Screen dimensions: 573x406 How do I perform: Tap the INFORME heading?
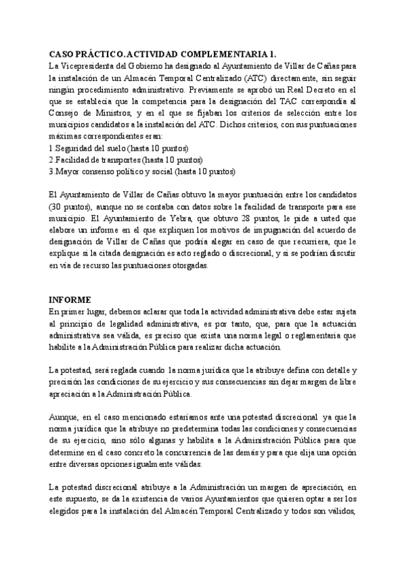70,299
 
